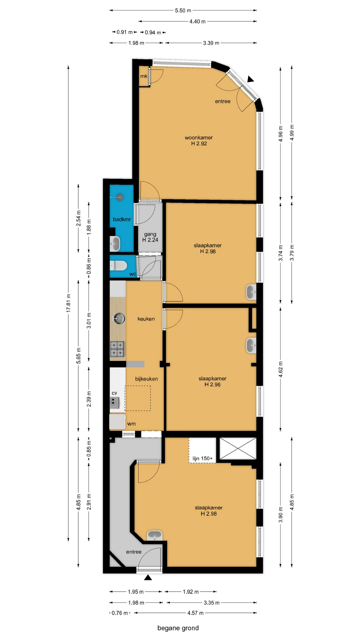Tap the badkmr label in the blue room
pyautogui.click(x=122, y=219)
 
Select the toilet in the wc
pyautogui.click(x=119, y=266)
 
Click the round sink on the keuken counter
pyautogui.click(x=119, y=318)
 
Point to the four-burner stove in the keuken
pyautogui.click(x=117, y=349)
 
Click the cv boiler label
pyautogui.click(x=114, y=393)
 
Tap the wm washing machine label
pyautogui.click(x=131, y=424)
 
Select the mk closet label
pyautogui.click(x=144, y=76)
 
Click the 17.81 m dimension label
pyautogui.click(x=69, y=303)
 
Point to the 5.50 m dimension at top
pyautogui.click(x=183, y=10)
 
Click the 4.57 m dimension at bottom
pyautogui.click(x=195, y=613)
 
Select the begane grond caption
pyautogui.click(x=178, y=628)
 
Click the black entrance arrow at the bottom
pyautogui.click(x=148, y=577)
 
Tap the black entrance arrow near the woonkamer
pyautogui.click(x=250, y=79)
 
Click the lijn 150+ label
pyautogui.click(x=202, y=458)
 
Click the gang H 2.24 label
pyautogui.click(x=150, y=237)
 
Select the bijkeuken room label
pyautogui.click(x=146, y=379)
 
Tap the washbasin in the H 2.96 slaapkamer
pyautogui.click(x=251, y=345)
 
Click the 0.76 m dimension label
pyautogui.click(x=120, y=613)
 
